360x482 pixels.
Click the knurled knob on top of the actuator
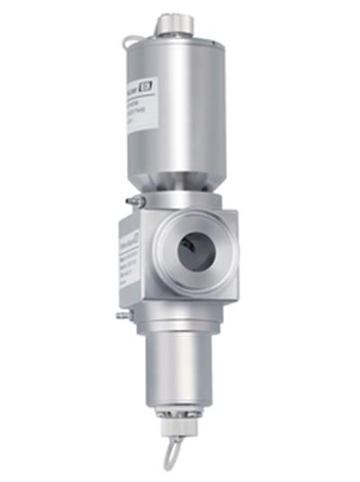[170, 24]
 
